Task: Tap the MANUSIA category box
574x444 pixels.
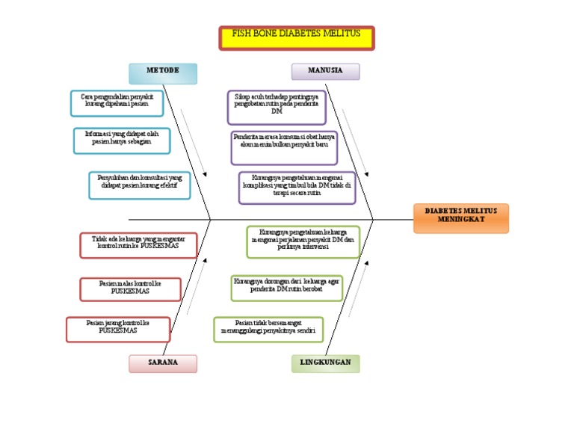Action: pyautogui.click(x=325, y=72)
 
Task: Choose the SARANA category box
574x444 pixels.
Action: pyautogui.click(x=163, y=363)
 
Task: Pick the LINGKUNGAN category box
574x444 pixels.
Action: pyautogui.click(x=325, y=363)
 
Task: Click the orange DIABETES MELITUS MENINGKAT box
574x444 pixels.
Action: pyautogui.click(x=460, y=218)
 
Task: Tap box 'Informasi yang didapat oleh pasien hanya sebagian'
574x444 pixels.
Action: pyautogui.click(x=121, y=141)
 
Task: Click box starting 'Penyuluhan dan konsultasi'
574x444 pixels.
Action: pyautogui.click(x=139, y=185)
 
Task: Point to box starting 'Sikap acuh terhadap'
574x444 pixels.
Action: pyautogui.click(x=277, y=107)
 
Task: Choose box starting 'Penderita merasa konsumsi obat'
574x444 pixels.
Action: pyautogui.click(x=284, y=147)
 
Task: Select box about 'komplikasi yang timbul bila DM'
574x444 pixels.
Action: pyautogui.click(x=297, y=188)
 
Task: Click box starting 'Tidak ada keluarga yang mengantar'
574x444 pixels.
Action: pyautogui.click(x=138, y=245)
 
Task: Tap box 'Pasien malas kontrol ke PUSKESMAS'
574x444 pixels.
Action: pyautogui.click(x=130, y=288)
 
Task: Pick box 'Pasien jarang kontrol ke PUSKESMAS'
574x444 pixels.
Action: pyautogui.click(x=118, y=329)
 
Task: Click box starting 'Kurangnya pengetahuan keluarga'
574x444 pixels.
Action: pyautogui.click(x=303, y=241)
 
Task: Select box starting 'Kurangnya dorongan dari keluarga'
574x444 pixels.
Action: pyautogui.click(x=286, y=288)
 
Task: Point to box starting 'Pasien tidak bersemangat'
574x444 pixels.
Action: pyautogui.click(x=268, y=329)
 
